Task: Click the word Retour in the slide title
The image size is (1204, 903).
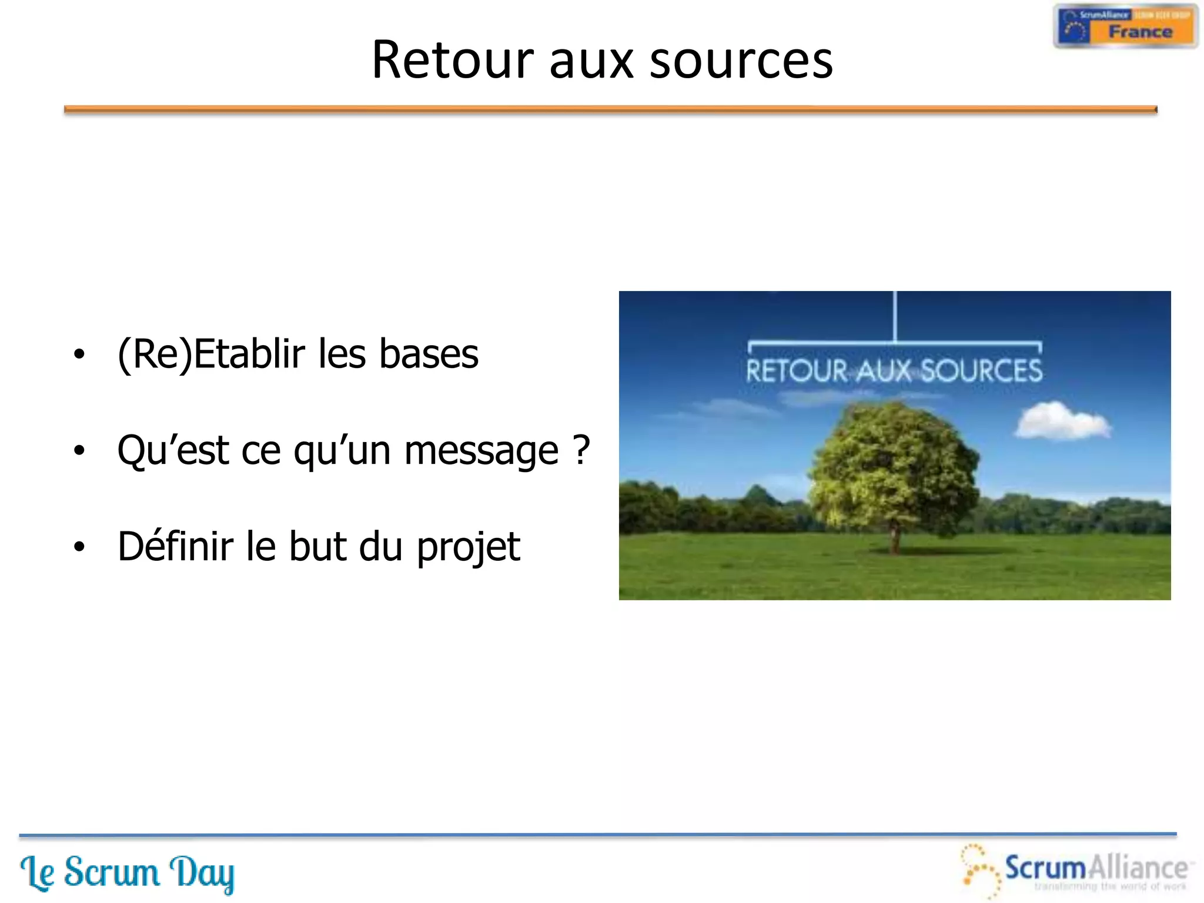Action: coord(453,60)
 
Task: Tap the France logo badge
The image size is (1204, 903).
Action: coord(1125,26)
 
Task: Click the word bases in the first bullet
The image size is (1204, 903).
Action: coord(429,354)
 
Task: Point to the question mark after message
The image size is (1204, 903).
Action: coord(581,450)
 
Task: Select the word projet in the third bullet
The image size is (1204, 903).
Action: coord(468,547)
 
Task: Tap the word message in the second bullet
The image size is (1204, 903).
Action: coord(481,451)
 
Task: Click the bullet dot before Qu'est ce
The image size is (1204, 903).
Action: coord(79,451)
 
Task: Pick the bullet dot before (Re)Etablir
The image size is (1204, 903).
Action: coord(79,354)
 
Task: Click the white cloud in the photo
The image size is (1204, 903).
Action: coord(1062,421)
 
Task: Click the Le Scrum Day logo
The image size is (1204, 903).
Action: coord(128,872)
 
